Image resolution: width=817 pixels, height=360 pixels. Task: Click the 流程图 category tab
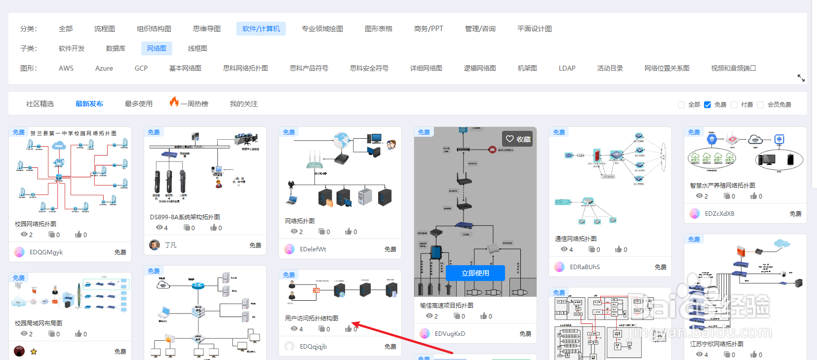coord(104,29)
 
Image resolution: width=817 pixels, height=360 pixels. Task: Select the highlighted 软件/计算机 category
coord(261,29)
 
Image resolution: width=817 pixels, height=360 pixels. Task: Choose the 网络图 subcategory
coord(156,48)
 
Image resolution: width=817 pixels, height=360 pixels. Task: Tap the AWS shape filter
coord(66,68)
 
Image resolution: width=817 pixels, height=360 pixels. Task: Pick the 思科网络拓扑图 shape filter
coord(245,68)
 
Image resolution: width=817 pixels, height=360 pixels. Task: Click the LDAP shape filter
coord(567,68)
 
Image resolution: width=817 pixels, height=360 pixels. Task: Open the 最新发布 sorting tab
coord(89,104)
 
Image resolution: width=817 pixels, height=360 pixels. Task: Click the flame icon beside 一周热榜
coord(174,102)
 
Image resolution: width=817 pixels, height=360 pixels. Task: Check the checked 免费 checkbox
coord(707,105)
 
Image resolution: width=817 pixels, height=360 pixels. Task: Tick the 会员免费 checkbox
coord(760,105)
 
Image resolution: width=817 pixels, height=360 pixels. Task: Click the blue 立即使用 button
coord(475,273)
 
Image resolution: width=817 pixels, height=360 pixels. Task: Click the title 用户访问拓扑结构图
coord(311,318)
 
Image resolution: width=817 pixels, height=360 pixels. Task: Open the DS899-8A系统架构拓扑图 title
coord(185,217)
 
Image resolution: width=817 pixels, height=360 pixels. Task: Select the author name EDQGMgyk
coord(46,252)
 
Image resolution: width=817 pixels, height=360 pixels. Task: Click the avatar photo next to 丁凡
coord(155,245)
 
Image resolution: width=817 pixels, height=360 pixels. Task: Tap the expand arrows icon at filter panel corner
coord(801,78)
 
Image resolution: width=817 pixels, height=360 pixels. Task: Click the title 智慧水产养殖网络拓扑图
coord(722,185)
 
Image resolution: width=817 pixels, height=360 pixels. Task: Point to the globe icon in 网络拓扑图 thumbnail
coord(341,140)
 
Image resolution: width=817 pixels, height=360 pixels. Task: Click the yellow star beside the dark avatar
coord(34,352)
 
